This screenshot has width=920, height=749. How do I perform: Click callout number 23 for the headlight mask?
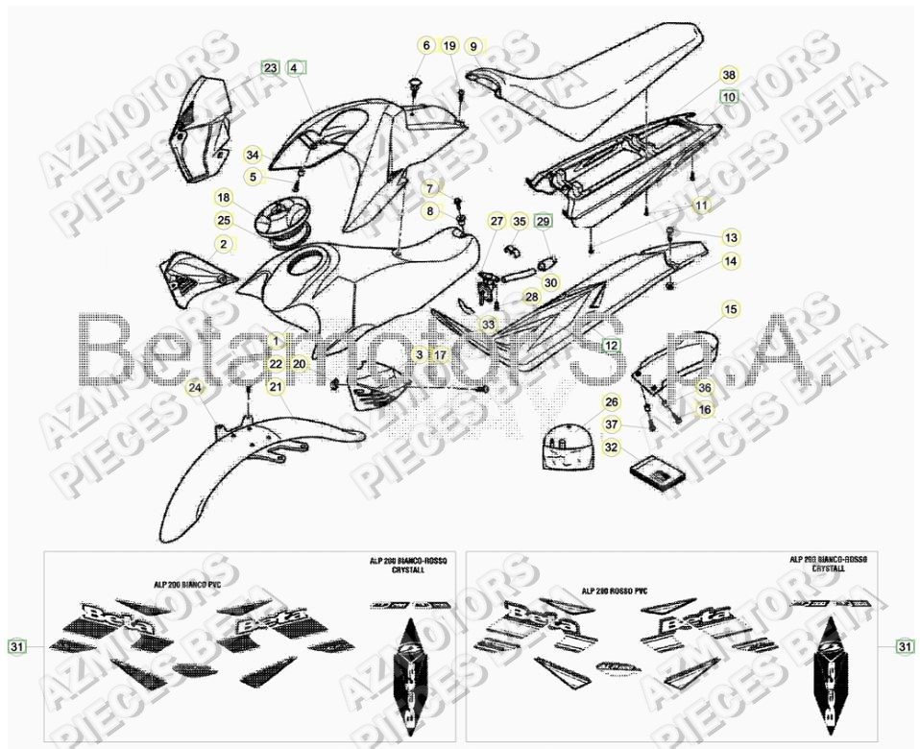[x=270, y=68]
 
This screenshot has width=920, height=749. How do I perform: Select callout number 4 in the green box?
[x=294, y=68]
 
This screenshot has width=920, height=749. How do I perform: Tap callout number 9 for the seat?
[x=472, y=46]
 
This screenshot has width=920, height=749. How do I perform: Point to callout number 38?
[x=729, y=75]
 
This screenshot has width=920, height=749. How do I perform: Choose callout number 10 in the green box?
[x=729, y=97]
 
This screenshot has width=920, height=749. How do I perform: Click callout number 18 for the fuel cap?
[x=223, y=198]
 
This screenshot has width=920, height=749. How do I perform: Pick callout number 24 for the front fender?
[x=195, y=389]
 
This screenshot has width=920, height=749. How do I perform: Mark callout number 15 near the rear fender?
[x=731, y=309]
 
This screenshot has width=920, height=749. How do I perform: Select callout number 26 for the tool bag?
[x=611, y=402]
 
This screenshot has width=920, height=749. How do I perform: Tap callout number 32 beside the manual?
[x=611, y=447]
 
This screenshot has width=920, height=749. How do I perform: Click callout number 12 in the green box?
[x=611, y=344]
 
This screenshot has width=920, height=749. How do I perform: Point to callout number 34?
[x=253, y=155]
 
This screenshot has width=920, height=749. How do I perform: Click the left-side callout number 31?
[x=16, y=647]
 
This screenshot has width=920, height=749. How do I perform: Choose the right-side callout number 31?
[x=905, y=647]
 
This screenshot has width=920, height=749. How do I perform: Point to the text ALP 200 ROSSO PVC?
[x=614, y=592]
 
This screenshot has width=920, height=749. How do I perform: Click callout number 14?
[x=731, y=260]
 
